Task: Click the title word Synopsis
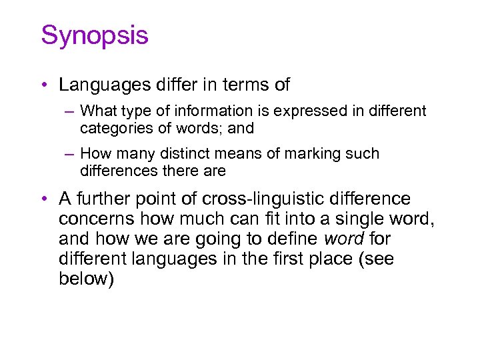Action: tap(95, 36)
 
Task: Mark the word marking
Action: tap(317, 154)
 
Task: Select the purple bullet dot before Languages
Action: tap(42, 85)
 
